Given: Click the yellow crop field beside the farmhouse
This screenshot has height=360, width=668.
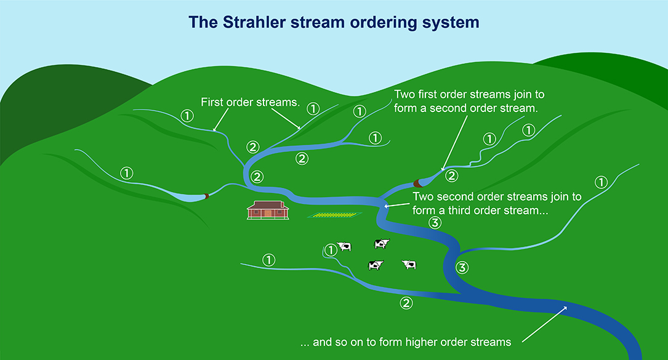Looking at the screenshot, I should point(334,215).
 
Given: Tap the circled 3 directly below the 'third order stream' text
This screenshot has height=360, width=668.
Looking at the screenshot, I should point(435,223).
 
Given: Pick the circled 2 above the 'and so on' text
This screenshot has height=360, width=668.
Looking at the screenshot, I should point(405,303).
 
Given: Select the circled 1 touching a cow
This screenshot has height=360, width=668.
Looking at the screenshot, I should point(331,249).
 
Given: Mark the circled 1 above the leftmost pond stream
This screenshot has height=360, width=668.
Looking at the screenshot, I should point(127,173).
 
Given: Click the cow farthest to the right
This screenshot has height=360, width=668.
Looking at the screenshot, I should point(409,265).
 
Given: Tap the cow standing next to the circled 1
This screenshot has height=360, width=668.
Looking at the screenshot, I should point(344,247).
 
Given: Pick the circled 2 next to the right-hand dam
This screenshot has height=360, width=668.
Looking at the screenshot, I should point(451,175).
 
